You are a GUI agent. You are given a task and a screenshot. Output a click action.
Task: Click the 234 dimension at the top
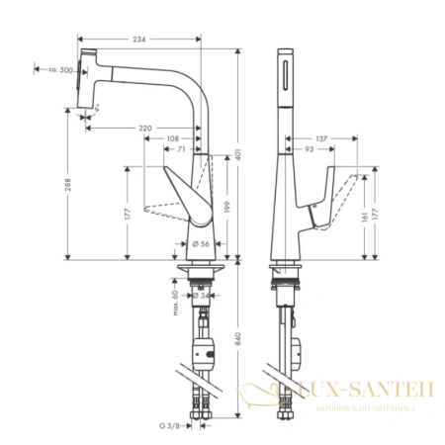point(139,39)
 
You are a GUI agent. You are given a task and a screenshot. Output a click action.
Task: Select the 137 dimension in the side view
point(321,137)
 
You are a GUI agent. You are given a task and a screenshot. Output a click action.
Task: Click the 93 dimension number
point(311,148)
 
